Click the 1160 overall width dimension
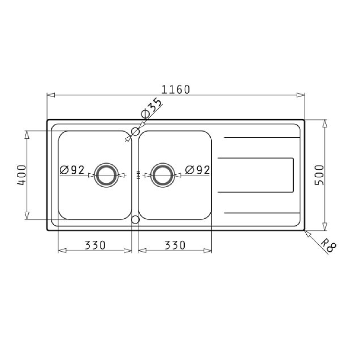click(x=176, y=90)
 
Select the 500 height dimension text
click(x=319, y=175)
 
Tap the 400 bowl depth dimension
click(x=22, y=175)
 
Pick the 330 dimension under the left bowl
click(x=95, y=245)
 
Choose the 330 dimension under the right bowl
click(x=175, y=245)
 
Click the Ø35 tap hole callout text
click(x=152, y=108)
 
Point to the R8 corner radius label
click(x=328, y=246)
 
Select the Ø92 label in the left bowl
click(x=72, y=170)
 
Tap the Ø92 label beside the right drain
click(x=198, y=170)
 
